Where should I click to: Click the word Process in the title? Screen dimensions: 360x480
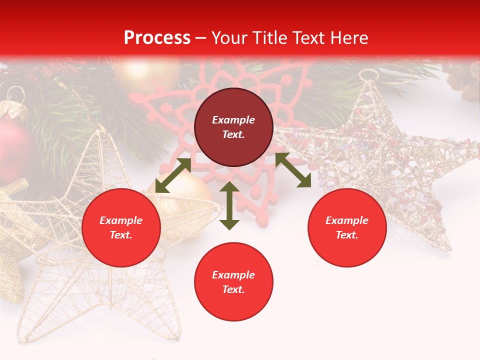point(157,38)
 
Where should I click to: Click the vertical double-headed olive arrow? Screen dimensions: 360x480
point(229,205)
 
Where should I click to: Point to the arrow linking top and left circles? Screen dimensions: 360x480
point(173,175)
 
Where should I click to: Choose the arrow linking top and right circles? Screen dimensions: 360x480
point(293,170)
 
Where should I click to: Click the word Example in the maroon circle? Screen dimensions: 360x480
point(233,120)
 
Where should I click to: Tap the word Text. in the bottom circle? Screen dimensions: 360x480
point(233,289)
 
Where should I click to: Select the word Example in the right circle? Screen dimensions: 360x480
point(347,220)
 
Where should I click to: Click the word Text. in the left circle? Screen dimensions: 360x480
point(121,235)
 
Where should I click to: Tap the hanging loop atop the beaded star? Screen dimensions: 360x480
point(369,75)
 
